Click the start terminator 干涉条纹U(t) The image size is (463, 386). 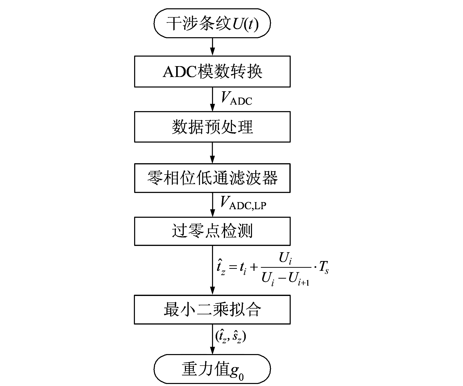coord(212,24)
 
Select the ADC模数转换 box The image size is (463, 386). coord(212,72)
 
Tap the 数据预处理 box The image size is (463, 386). coord(212,127)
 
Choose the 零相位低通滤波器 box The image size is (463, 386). coord(212,178)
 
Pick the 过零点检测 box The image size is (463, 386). coord(212,231)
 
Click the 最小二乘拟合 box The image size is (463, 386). coord(212,310)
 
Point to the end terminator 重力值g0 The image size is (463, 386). coord(212,369)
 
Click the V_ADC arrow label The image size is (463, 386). coord(236,99)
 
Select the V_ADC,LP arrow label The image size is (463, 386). coord(243,203)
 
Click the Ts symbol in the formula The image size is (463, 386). coord(323,268)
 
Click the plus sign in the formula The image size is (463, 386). coord(254,267)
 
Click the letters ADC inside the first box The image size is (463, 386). coord(180,72)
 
